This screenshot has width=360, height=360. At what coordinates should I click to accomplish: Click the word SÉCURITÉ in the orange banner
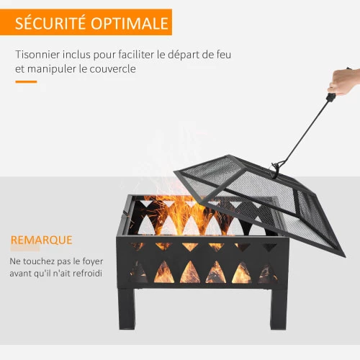click(x=50, y=22)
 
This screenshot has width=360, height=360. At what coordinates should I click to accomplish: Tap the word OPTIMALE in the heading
click(x=130, y=23)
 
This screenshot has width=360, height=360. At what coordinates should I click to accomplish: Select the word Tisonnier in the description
click(x=37, y=55)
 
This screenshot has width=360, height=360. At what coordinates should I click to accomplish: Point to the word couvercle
click(x=112, y=69)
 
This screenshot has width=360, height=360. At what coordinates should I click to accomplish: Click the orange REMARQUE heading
click(x=42, y=240)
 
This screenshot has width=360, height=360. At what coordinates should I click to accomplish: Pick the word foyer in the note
click(x=93, y=261)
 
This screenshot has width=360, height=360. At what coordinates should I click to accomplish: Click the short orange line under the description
click(x=26, y=82)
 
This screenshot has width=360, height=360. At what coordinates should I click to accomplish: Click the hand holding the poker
click(x=345, y=81)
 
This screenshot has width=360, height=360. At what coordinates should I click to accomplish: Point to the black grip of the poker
click(x=330, y=97)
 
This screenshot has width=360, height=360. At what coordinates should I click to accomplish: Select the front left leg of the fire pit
click(x=127, y=308)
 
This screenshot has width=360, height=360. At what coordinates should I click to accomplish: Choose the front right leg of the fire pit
click(x=279, y=309)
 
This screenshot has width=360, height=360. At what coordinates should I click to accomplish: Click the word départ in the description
click(x=183, y=55)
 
